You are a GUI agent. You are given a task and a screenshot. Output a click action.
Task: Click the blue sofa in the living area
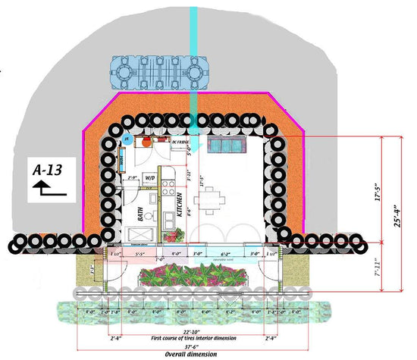[225, 146]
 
